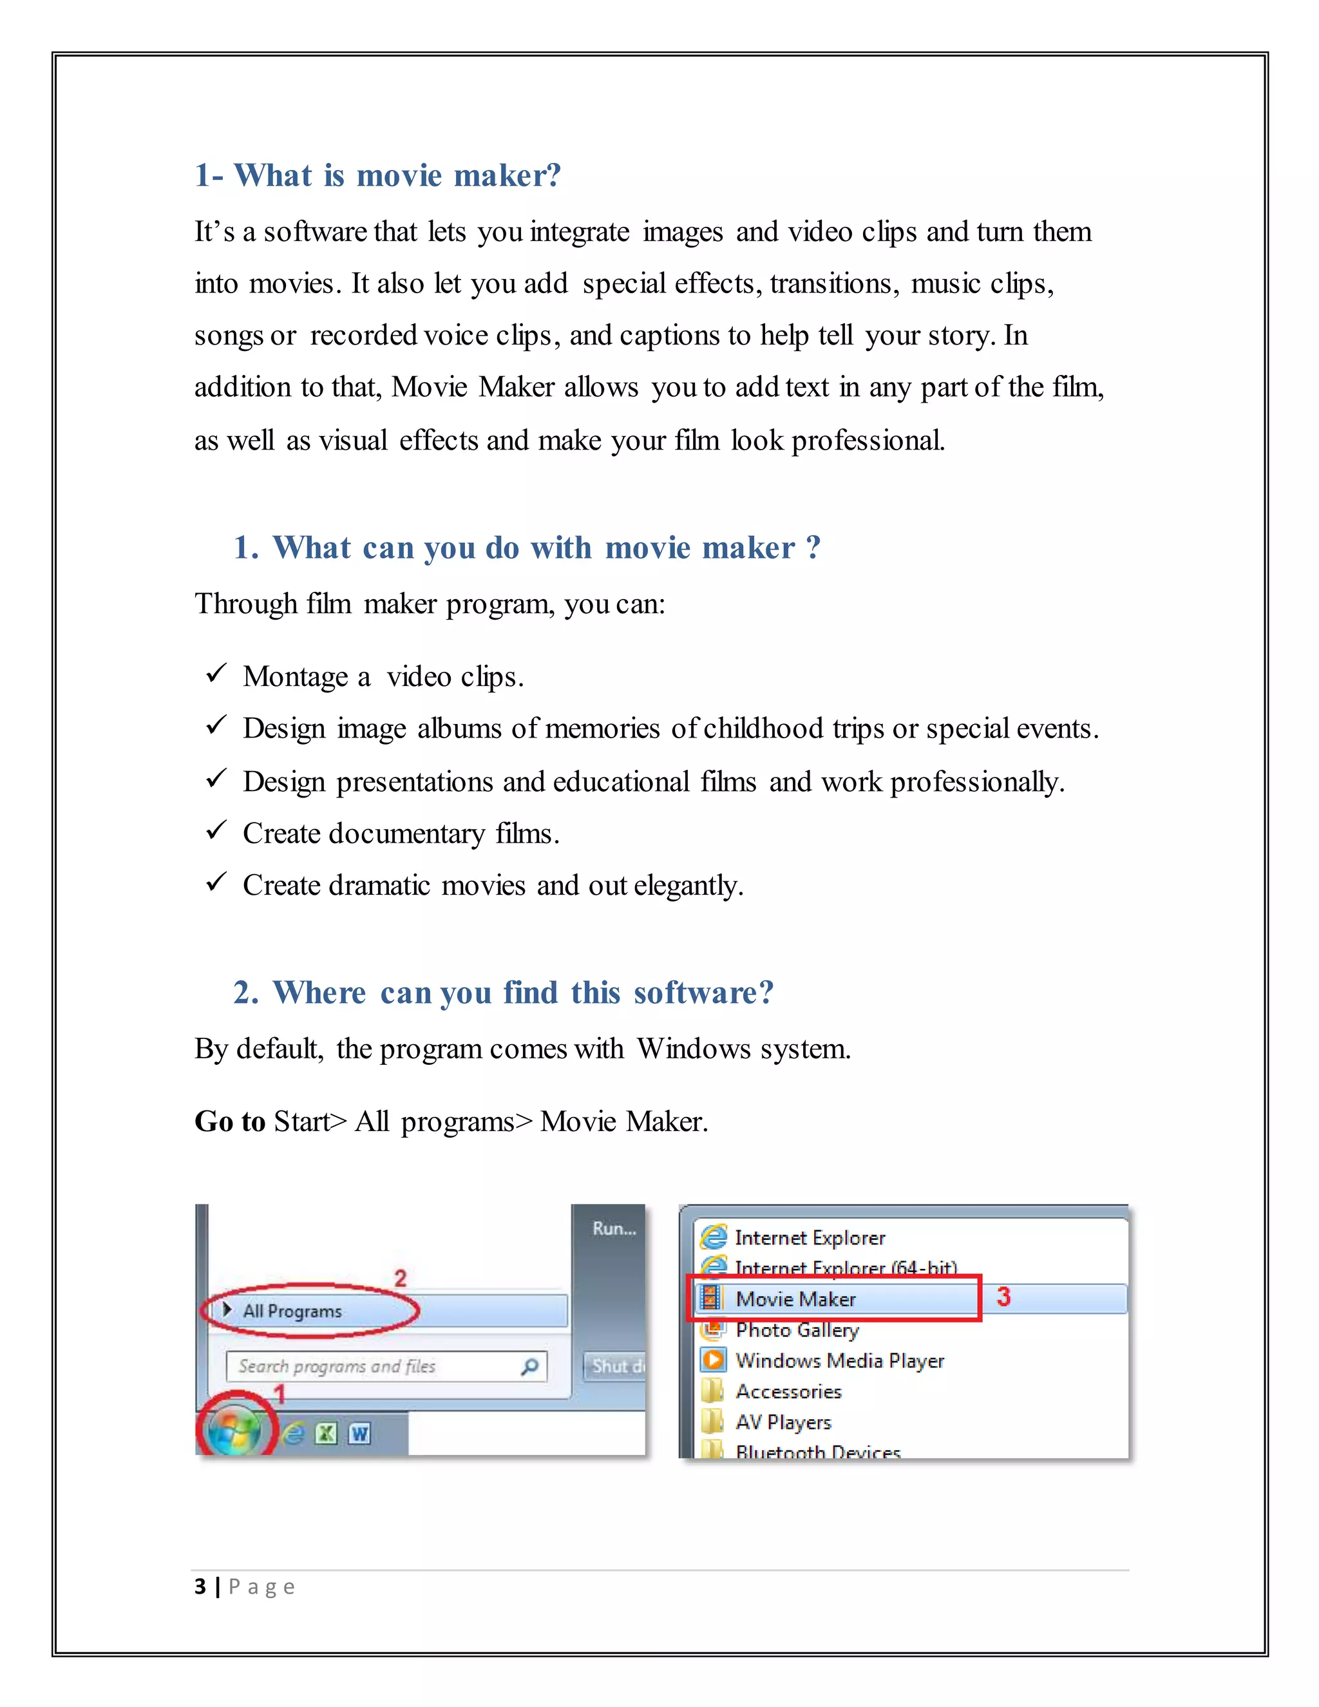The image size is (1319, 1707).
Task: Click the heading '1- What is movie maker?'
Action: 377,175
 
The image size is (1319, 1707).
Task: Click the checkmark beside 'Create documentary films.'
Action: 216,830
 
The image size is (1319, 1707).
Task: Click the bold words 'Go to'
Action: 230,1121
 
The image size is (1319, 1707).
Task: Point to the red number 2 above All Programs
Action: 400,1279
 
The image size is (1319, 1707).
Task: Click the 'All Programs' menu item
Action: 292,1311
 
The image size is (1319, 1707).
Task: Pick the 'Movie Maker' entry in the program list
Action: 795,1299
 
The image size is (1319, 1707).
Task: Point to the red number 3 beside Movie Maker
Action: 1003,1297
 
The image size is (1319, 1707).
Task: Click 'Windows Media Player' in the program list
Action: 839,1360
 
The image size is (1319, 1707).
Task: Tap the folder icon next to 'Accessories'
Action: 712,1391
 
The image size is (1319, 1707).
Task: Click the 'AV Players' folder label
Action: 783,1422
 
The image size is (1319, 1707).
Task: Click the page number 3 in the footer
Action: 200,1587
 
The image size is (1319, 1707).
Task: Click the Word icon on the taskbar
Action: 359,1433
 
